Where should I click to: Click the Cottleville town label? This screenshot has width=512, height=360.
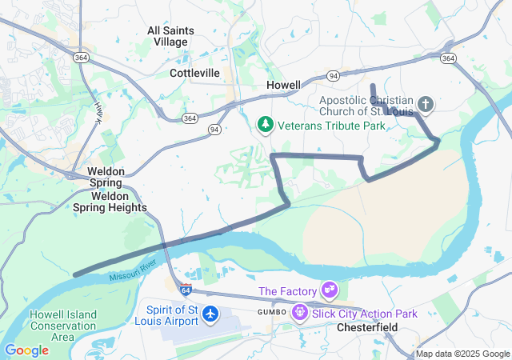pos(194,73)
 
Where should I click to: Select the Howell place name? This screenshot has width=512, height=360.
pos(283,85)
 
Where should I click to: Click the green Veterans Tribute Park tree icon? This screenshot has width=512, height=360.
pos(265,125)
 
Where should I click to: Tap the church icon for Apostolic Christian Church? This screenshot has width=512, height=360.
pos(426,105)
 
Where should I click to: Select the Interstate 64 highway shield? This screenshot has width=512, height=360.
pos(186,289)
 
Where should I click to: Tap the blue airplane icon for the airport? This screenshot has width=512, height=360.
pos(211,314)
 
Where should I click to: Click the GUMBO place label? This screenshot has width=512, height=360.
pos(271,311)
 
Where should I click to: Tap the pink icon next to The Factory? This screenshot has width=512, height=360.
pos(329,289)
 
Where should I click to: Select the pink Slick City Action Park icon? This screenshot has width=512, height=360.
pos(300,312)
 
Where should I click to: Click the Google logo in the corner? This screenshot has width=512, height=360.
pos(26,350)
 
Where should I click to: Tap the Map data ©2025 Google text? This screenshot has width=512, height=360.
pos(462,354)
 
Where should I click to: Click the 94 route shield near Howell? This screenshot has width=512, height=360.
pos(333,75)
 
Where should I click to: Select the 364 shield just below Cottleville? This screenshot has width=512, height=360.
pos(190,118)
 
